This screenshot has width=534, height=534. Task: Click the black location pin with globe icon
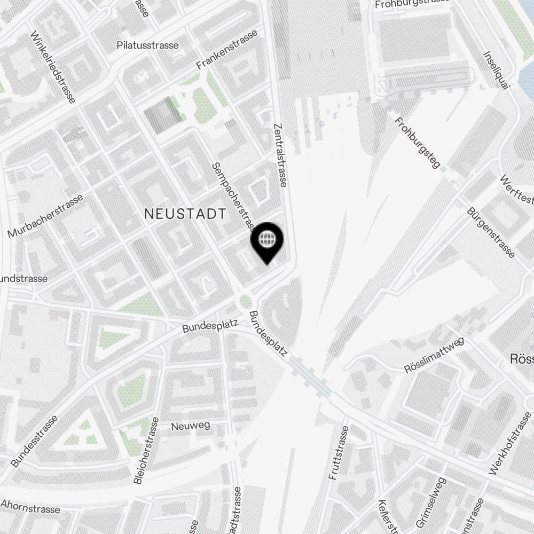point(266,241)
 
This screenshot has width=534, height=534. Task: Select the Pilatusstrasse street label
point(147,45)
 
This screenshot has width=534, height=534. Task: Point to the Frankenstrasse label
point(227,50)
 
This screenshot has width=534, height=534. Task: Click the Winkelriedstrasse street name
point(52,66)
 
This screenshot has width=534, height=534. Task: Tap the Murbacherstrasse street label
point(46,216)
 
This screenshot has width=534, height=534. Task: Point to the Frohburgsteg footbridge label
point(418,143)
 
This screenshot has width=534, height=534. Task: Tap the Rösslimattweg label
point(434,355)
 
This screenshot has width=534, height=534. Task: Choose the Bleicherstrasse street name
point(146,451)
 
